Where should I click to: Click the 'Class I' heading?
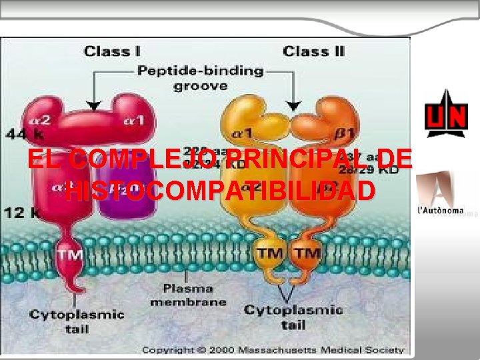[111, 51]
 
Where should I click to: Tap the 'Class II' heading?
[313, 51]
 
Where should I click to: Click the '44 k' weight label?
[20, 134]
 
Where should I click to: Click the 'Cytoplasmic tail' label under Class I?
[76, 321]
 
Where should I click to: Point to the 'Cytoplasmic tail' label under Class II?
[293, 317]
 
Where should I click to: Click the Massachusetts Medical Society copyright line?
[273, 349]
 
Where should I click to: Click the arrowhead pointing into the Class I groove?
[94, 105]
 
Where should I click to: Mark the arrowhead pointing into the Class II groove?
[293, 105]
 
